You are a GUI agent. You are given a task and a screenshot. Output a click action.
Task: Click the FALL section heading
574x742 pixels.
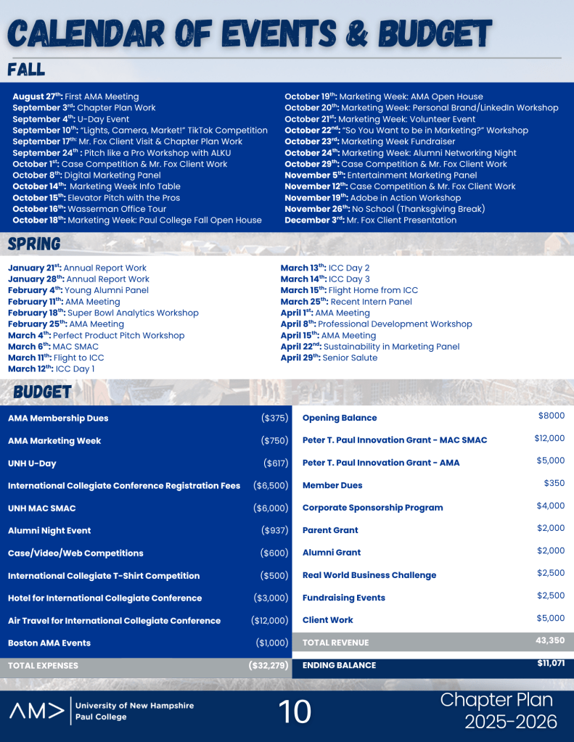coord(27,70)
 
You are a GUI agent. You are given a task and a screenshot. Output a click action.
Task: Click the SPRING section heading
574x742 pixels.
coord(34,244)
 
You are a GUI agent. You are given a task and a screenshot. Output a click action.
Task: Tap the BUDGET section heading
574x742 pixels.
coord(42,392)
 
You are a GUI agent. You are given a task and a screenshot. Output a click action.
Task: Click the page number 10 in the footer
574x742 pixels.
coord(295,712)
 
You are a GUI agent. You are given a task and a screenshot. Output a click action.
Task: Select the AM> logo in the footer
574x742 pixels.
coord(36,711)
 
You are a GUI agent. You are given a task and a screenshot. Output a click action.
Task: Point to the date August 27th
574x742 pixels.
coord(37,96)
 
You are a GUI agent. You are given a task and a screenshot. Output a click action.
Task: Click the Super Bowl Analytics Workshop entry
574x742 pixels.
coord(135,313)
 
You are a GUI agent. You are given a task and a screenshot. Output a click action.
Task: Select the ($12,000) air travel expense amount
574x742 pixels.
coord(269,621)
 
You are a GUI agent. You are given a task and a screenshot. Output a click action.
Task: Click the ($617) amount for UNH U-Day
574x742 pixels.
coord(276,463)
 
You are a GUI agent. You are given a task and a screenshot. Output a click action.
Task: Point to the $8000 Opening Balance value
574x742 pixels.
coord(551,416)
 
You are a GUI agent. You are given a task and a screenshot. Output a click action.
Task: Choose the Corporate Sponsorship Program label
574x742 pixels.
coord(372,508)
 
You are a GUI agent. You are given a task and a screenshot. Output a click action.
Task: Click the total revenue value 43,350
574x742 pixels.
coord(549,640)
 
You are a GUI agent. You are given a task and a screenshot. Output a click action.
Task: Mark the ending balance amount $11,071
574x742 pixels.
coord(550,663)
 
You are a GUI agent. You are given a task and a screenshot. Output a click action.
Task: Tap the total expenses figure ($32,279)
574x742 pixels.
coord(268,665)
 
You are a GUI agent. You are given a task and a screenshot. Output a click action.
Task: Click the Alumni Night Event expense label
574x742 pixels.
coord(49,531)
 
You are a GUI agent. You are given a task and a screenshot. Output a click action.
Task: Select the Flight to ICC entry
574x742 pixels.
coord(75,358)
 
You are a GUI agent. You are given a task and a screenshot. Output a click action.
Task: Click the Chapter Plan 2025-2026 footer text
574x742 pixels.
coord(497,711)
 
